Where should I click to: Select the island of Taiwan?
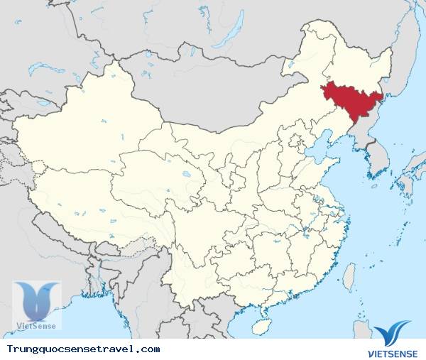pyautogui.click(x=349, y=277)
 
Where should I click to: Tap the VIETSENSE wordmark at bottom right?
pyautogui.click(x=393, y=350)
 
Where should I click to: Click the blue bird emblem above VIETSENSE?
pyautogui.click(x=392, y=332)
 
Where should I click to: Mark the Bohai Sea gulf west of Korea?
pyautogui.click(x=319, y=153)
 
